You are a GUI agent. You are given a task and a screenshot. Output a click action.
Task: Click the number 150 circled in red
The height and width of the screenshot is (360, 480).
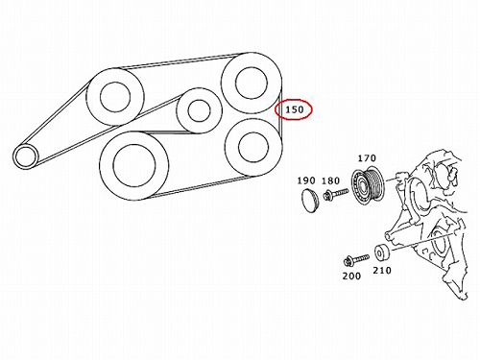(x=294, y=109)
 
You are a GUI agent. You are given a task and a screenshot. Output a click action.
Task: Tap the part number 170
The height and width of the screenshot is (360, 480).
(x=367, y=158)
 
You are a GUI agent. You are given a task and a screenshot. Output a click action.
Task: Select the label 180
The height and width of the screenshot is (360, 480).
(x=330, y=181)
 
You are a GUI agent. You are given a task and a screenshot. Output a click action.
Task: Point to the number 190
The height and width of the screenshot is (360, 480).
(x=306, y=180)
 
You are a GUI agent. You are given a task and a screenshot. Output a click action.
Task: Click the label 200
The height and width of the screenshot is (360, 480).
(x=351, y=276)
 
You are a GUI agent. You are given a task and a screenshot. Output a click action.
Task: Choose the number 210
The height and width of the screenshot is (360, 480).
(x=382, y=271)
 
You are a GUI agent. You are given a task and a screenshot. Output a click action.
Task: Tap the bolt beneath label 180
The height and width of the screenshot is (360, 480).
(x=336, y=194)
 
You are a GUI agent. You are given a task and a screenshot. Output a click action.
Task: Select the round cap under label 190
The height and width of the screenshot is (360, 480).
(x=309, y=201)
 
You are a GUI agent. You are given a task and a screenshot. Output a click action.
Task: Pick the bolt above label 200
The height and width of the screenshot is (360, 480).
(x=356, y=260)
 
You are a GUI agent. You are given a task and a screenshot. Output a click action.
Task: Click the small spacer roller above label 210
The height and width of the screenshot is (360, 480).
(x=381, y=253)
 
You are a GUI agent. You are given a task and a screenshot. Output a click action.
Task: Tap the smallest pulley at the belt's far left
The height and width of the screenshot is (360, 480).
(x=25, y=156)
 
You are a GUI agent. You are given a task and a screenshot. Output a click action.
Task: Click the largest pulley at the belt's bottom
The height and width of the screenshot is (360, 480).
(x=134, y=165)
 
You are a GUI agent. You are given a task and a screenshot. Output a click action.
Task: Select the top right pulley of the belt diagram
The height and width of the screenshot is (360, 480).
(x=252, y=83)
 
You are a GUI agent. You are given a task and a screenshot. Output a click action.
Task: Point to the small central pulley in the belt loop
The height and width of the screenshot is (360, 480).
(x=200, y=110)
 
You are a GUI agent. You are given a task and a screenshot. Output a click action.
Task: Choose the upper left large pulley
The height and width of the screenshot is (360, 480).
(x=115, y=96)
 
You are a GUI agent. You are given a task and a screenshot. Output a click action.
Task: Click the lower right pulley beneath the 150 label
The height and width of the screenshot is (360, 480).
(x=253, y=147)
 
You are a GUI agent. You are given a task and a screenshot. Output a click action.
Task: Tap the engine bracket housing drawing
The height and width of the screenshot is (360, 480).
(x=429, y=224)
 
